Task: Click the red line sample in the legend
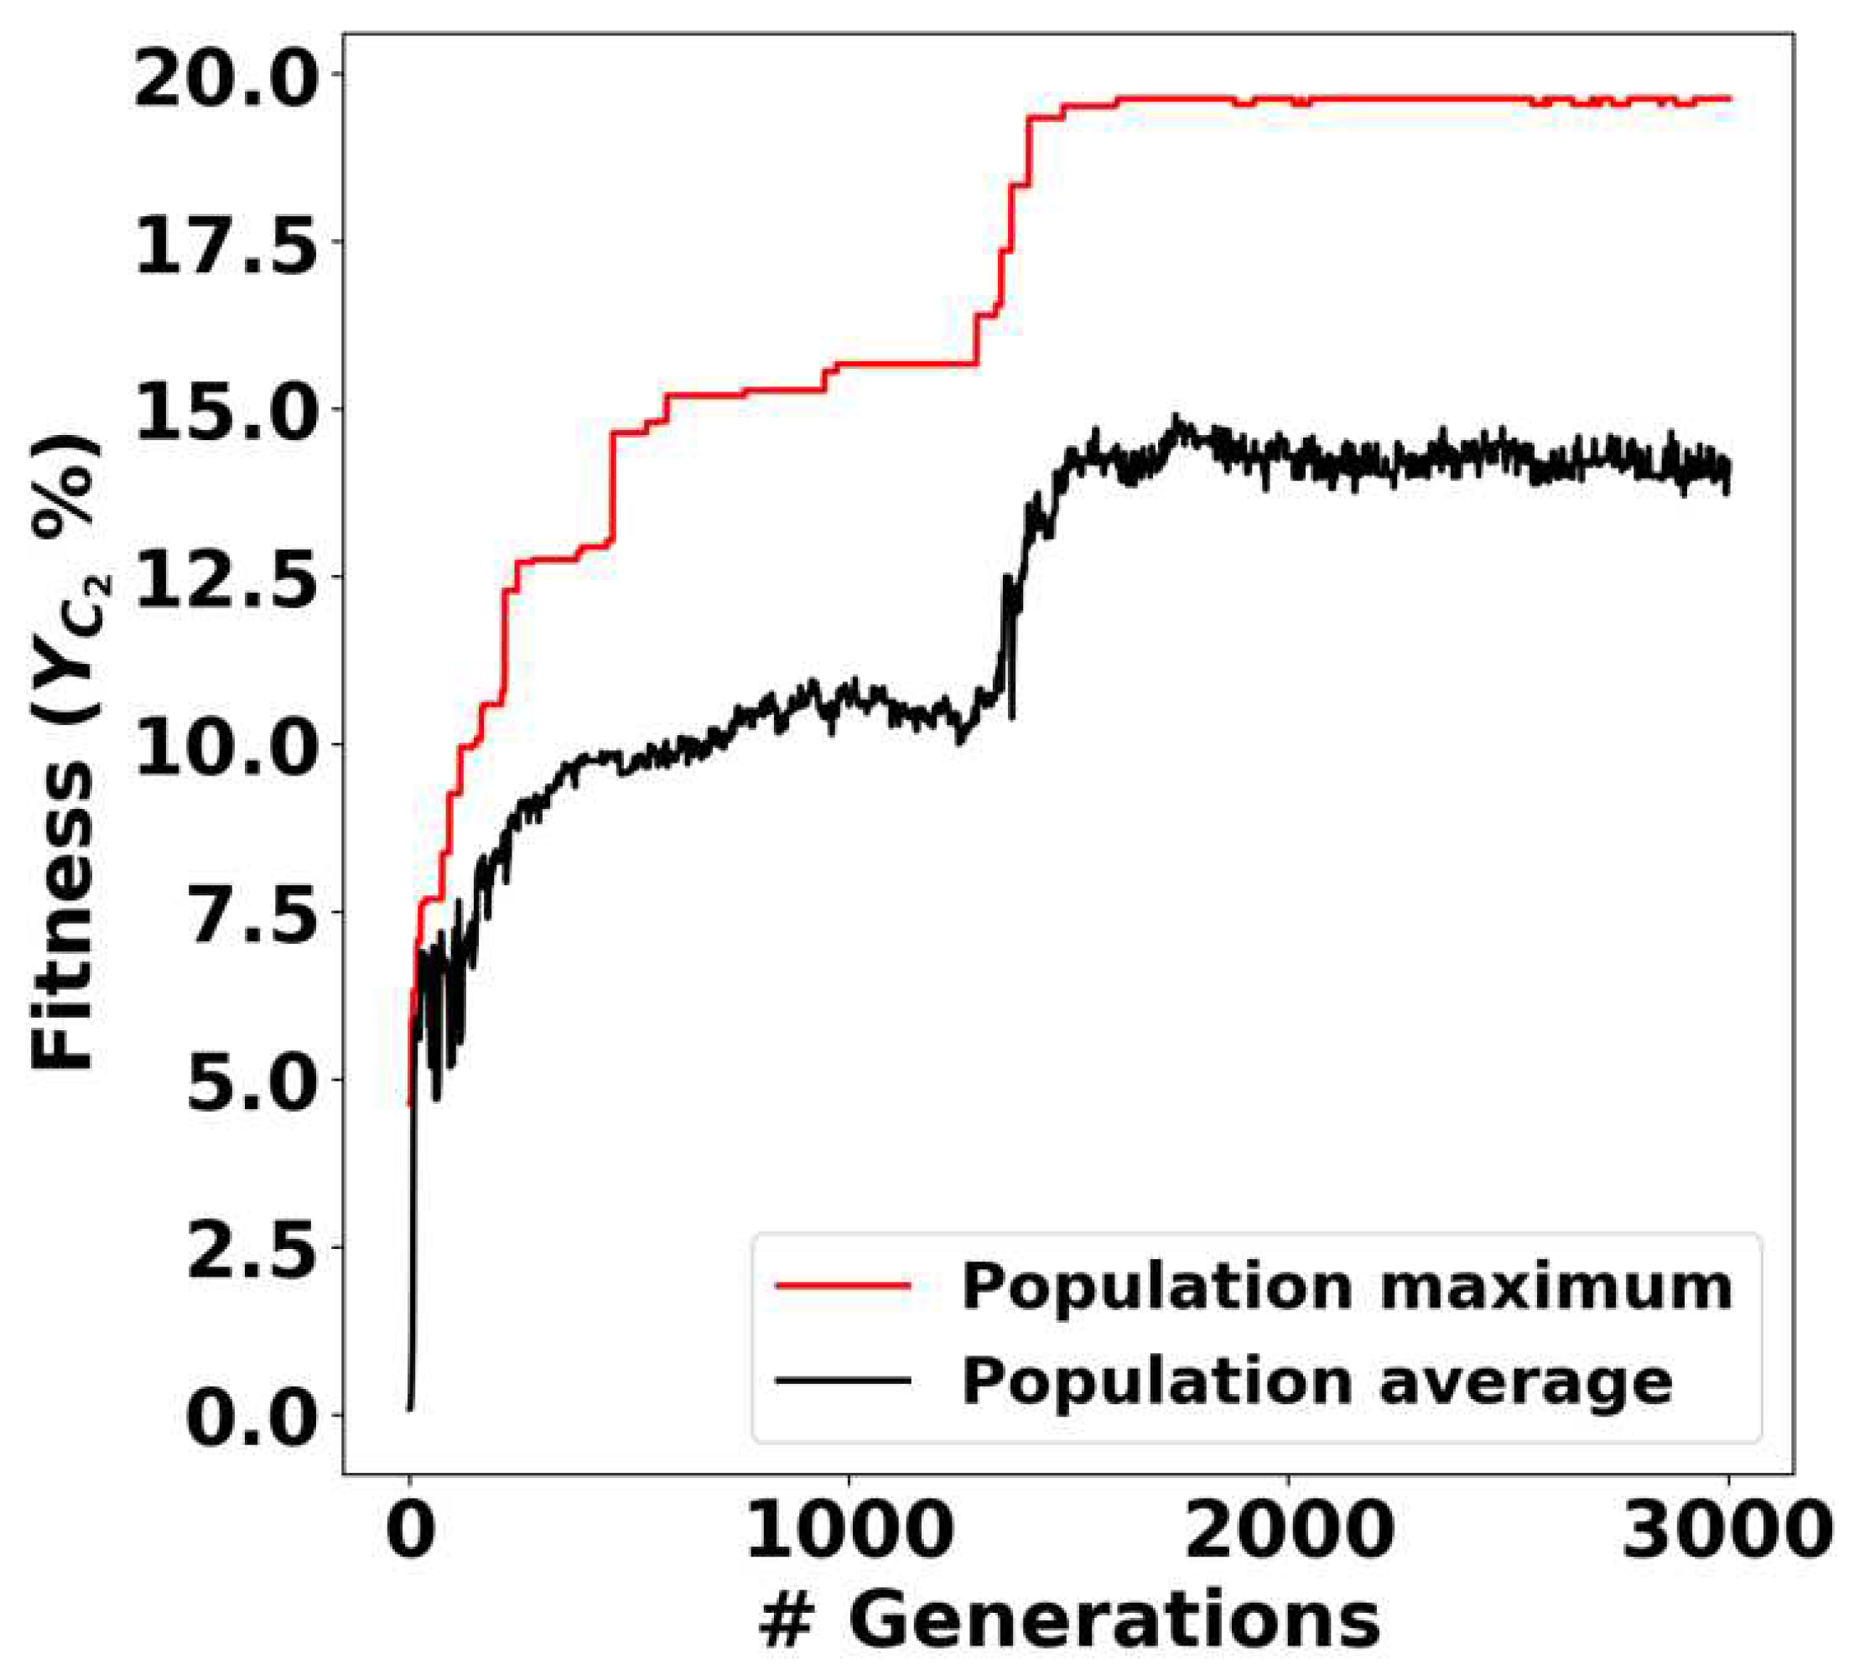(843, 1287)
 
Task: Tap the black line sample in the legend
(843, 1380)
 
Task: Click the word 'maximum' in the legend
(1556, 1287)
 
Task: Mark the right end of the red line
(1729, 98)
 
